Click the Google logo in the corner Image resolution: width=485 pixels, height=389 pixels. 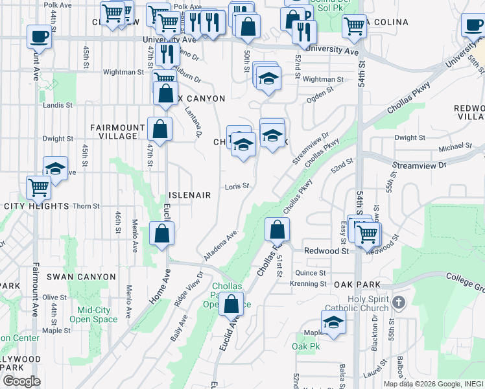[21, 381]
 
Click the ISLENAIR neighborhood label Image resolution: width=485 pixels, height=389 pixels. [190, 195]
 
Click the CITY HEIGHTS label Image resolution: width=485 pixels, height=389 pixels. [36, 206]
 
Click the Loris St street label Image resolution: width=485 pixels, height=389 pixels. [237, 187]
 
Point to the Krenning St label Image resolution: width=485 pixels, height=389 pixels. [308, 284]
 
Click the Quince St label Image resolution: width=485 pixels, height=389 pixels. [310, 274]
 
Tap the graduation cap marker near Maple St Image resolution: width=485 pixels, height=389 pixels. [333, 322]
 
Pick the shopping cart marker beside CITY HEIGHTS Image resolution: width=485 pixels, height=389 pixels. [39, 188]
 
